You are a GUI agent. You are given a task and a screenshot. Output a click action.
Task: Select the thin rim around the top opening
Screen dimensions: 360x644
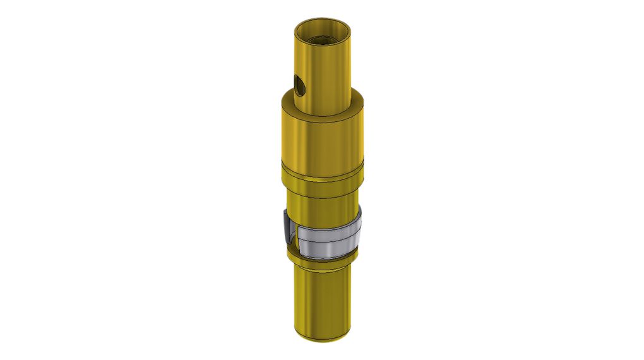click(x=323, y=21)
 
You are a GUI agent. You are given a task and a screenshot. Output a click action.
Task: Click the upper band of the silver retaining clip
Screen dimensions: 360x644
click(x=328, y=233)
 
